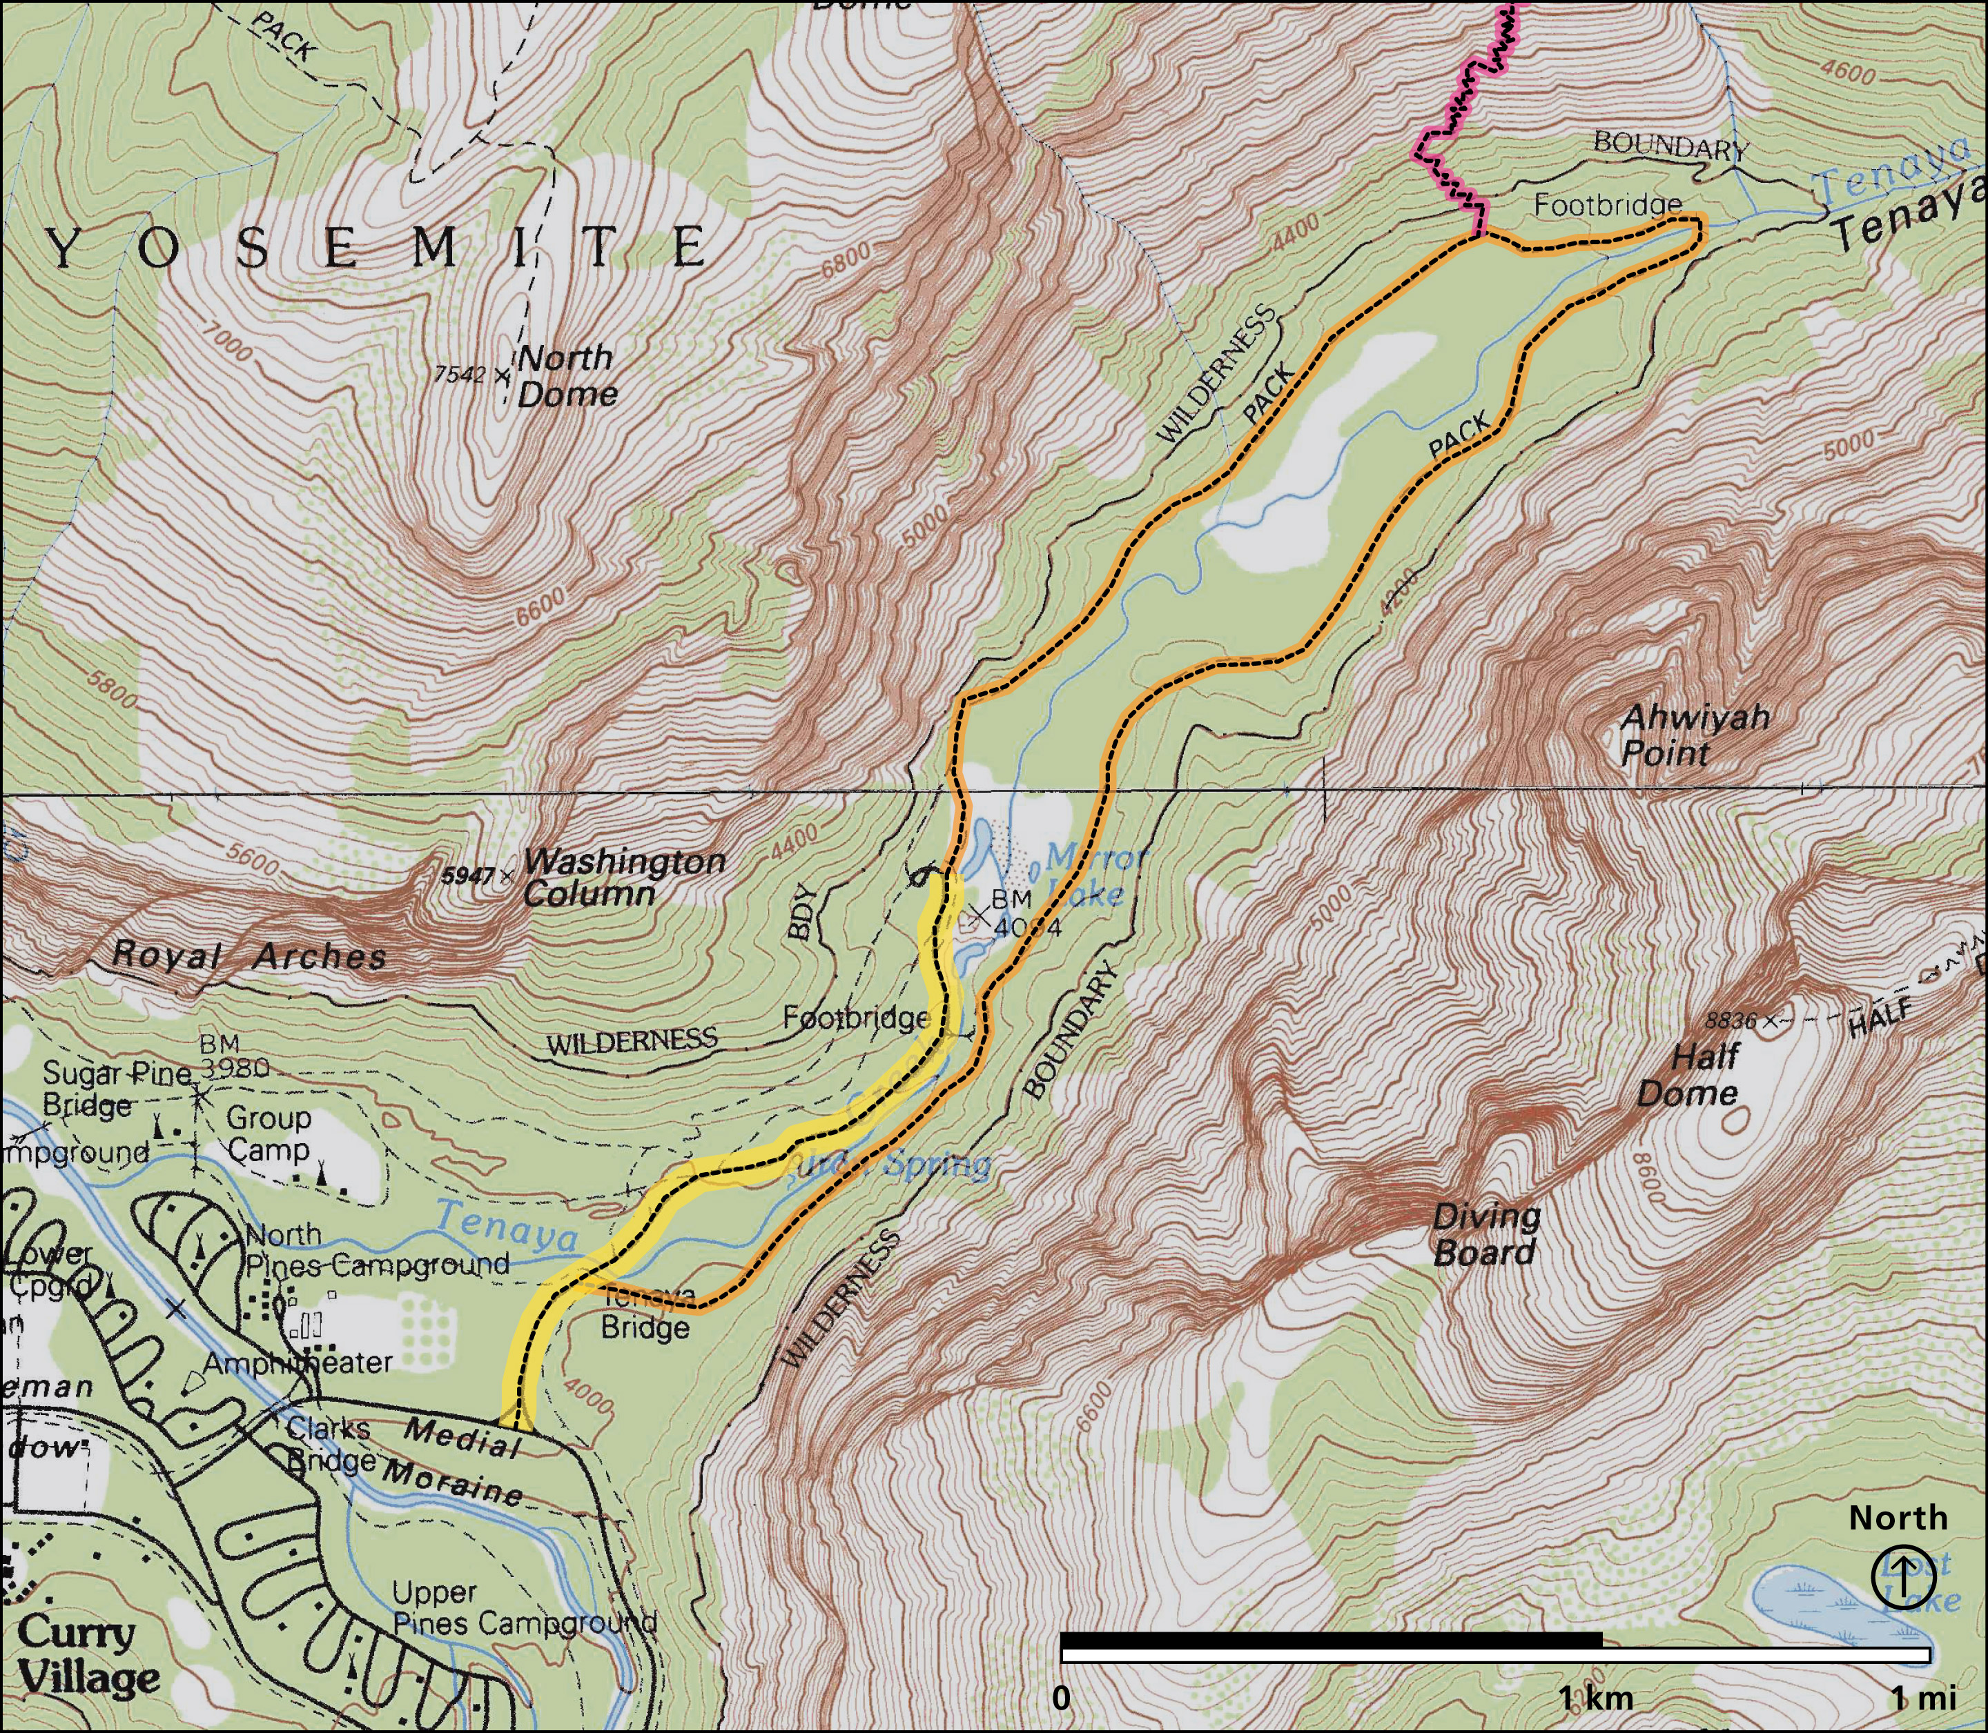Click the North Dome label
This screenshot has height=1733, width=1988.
coord(567,376)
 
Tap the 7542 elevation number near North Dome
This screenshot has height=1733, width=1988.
coord(458,373)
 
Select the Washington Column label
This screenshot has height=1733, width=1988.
coord(624,876)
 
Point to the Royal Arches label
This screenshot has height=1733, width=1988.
coord(250,956)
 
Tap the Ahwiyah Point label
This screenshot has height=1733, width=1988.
coord(1694,735)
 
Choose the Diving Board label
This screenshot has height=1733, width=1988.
coord(1486,1235)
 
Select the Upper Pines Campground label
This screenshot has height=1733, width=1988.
coord(523,1608)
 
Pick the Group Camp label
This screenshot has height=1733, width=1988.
coord(268,1133)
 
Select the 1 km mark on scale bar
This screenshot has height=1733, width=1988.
coord(1596,1697)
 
